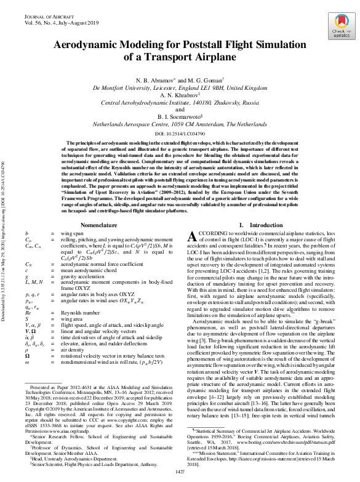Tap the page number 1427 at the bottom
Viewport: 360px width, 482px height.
click(180, 472)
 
